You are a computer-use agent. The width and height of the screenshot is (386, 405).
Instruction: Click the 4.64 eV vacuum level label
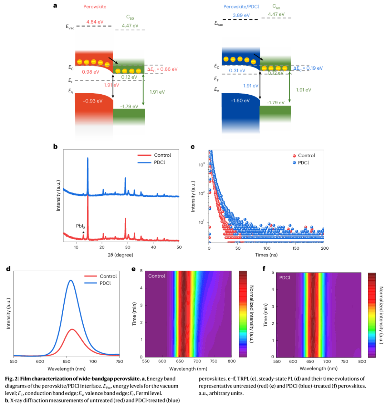(94, 21)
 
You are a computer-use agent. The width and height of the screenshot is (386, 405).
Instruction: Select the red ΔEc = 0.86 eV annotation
(162, 69)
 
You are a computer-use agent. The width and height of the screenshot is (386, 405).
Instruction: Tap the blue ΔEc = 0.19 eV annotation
(308, 68)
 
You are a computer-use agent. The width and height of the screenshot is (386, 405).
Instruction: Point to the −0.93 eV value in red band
(92, 101)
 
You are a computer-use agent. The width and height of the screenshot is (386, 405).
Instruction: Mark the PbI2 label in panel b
(80, 226)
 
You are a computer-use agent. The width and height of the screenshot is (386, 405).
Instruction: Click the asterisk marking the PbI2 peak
(83, 233)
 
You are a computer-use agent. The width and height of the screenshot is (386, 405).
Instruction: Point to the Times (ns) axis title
(267, 255)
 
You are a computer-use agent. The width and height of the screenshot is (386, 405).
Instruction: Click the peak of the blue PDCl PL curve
(71, 280)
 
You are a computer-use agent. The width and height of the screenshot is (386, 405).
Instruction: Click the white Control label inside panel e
(157, 276)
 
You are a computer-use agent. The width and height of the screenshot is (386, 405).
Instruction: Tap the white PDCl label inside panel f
(285, 277)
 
